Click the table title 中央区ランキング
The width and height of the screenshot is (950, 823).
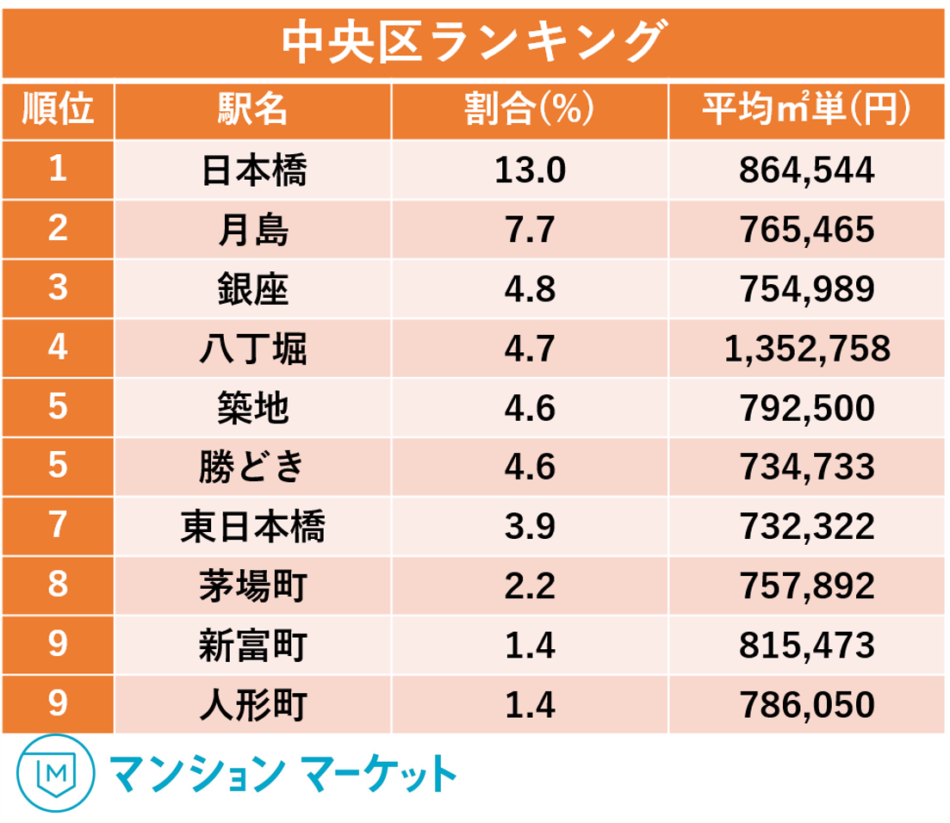[x=475, y=42]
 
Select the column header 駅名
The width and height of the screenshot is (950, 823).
[x=252, y=111]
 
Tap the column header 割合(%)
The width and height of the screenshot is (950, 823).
[x=530, y=111]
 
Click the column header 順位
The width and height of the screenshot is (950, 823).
[x=58, y=111]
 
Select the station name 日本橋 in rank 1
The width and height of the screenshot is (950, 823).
[x=252, y=170]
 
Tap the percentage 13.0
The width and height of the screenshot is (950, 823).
[x=530, y=170]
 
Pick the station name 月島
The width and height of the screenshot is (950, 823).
[x=252, y=230]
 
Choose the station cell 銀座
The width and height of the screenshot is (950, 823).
[x=252, y=289]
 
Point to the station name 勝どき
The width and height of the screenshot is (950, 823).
[x=252, y=467]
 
